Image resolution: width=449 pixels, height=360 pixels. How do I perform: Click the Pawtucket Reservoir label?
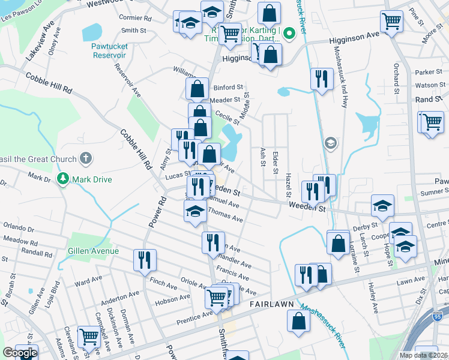[109, 50]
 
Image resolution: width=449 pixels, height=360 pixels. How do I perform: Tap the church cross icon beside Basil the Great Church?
[86, 159]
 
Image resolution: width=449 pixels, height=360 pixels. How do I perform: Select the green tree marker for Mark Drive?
[63, 179]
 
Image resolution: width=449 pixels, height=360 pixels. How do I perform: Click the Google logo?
[19, 353]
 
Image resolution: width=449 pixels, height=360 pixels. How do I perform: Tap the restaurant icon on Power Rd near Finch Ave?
[144, 260]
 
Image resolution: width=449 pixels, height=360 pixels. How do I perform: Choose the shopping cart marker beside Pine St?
[392, 22]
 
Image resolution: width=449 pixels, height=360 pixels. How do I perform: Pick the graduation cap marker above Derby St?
[382, 206]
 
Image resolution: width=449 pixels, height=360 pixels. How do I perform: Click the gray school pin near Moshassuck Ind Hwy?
[330, 143]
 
